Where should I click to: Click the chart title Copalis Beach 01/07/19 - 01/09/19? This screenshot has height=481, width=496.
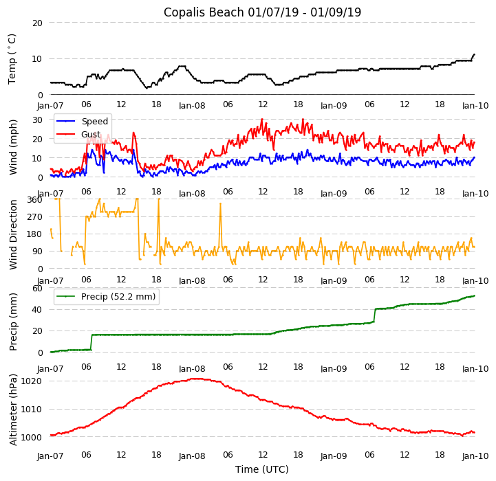coord(262,12)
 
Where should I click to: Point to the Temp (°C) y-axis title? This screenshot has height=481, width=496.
coord(12,59)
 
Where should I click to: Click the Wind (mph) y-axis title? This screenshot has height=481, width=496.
coord(13,146)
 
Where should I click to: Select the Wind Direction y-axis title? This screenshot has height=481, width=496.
coord(13,234)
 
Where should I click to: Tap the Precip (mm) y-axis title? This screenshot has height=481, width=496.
coord(13,322)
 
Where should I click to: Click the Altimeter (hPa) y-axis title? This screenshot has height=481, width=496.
coord(13,410)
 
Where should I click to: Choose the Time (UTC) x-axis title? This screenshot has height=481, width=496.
coord(262,469)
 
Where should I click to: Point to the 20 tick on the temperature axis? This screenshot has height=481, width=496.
coord(37,23)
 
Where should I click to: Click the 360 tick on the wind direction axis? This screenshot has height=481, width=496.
coord(34,199)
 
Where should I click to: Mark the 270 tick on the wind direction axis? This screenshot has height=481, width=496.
coord(34,216)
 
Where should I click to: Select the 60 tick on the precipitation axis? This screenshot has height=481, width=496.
coord(37,288)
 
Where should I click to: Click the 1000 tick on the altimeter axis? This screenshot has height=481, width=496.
coord(32,437)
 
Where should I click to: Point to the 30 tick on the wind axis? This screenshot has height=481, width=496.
coord(37,120)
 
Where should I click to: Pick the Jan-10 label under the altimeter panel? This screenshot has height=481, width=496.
coord(475,456)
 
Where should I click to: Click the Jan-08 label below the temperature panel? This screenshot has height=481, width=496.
coord(192,106)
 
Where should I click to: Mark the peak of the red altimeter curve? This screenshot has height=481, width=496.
coord(196,379)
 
